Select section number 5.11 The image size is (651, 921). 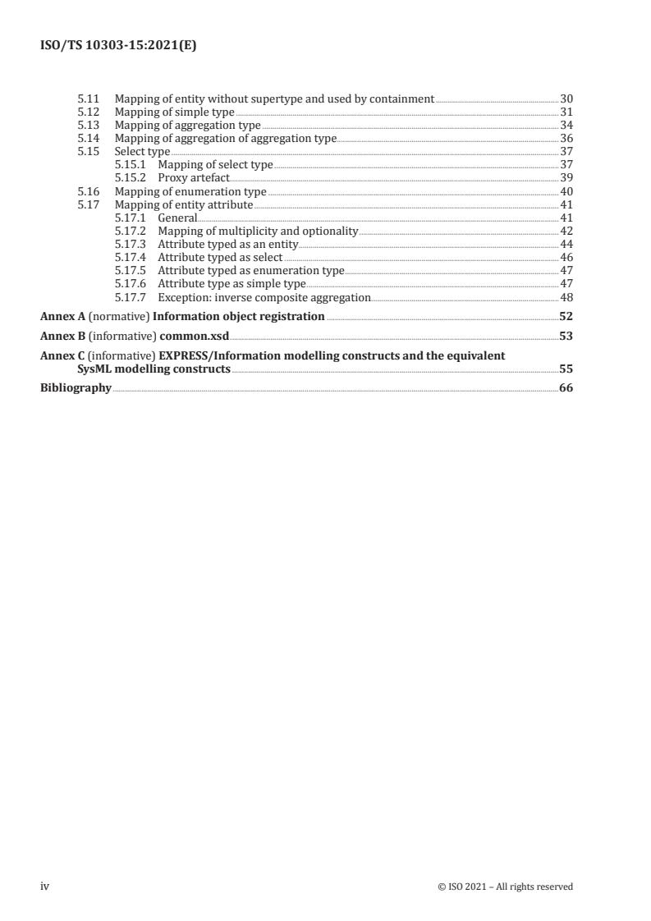(x=87, y=99)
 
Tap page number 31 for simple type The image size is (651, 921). (x=566, y=112)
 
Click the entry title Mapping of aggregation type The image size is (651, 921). (x=188, y=125)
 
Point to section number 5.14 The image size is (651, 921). (x=87, y=138)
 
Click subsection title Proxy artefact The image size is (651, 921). (x=194, y=177)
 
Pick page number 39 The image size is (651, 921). (x=566, y=177)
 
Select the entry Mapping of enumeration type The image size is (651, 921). (x=190, y=190)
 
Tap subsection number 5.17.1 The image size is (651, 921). (x=130, y=218)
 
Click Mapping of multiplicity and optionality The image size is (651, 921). (x=258, y=231)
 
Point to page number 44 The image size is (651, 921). (x=566, y=244)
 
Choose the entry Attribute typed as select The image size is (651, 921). (x=220, y=257)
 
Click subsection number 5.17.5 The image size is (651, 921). (x=130, y=270)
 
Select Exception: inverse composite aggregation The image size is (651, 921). (x=264, y=296)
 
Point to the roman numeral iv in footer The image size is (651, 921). (x=45, y=887)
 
